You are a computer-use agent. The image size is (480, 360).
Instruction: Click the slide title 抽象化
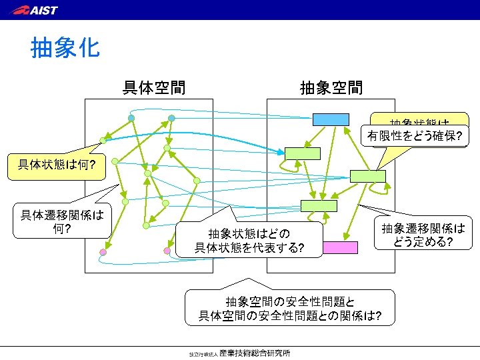pos(65,47)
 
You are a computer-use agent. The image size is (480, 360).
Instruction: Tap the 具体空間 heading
pos(154,87)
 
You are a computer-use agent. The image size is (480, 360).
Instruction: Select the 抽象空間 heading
pos(331,87)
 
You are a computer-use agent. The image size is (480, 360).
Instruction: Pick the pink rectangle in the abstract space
pos(340,247)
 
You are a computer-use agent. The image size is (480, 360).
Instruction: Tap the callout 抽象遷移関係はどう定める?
pos(423,235)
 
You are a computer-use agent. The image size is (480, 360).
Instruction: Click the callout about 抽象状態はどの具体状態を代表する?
pos(248,241)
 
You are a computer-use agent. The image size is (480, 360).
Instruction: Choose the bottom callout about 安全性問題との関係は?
pos(290,308)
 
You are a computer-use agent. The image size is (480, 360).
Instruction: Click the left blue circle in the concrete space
pos(131,118)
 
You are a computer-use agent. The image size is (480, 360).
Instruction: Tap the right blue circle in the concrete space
pos(171,118)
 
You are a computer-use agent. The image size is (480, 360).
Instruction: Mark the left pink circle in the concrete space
pos(103,252)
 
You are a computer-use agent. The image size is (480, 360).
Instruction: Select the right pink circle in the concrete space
pos(167,251)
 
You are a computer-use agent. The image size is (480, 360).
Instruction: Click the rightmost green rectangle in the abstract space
pos(367,176)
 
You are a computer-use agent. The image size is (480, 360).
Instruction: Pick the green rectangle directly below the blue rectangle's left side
pos(303,153)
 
